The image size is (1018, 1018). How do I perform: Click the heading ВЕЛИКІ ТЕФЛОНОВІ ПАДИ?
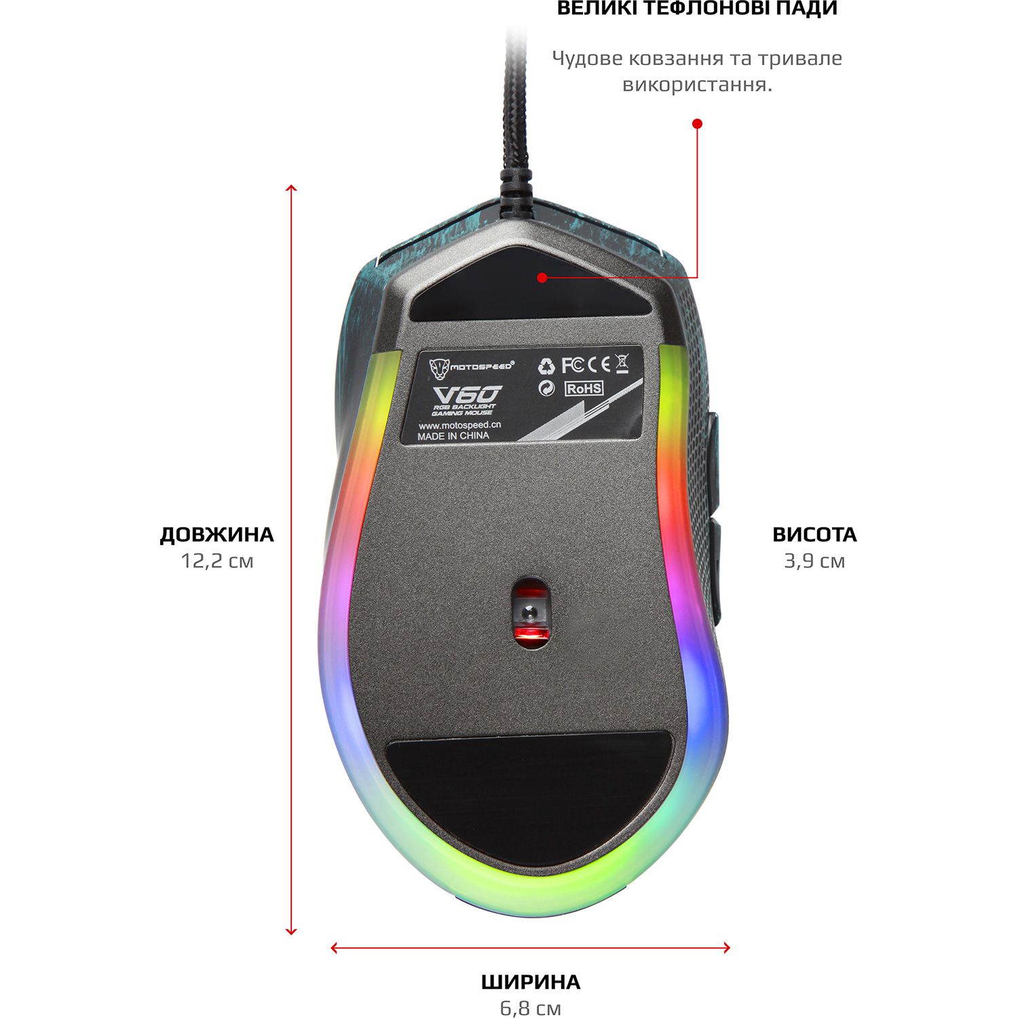pyautogui.click(x=697, y=8)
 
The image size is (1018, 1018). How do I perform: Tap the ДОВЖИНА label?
pyautogui.click(x=216, y=535)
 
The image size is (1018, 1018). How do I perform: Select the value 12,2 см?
pyautogui.click(x=216, y=561)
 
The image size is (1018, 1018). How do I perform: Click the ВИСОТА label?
pyautogui.click(x=814, y=535)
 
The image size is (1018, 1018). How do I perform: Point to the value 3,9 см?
pyautogui.click(x=814, y=561)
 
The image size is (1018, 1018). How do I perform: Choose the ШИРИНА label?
pyautogui.click(x=531, y=982)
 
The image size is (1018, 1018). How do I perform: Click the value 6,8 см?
pyautogui.click(x=531, y=1008)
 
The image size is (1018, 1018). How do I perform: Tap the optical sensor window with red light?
pyautogui.click(x=531, y=613)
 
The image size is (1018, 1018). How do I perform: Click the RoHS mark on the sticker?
pyautogui.click(x=584, y=388)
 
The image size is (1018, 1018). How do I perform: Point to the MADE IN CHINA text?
pyautogui.click(x=453, y=436)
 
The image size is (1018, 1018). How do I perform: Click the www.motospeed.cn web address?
pyautogui.click(x=459, y=425)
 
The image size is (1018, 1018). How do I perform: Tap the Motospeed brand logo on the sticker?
pyautogui.click(x=471, y=367)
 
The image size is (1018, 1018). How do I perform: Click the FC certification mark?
pyautogui.click(x=572, y=365)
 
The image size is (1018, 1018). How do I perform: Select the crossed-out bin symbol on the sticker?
pyautogui.click(x=622, y=363)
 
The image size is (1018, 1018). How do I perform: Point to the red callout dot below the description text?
pyautogui.click(x=697, y=124)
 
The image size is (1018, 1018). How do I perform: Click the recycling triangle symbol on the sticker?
pyautogui.click(x=546, y=366)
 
